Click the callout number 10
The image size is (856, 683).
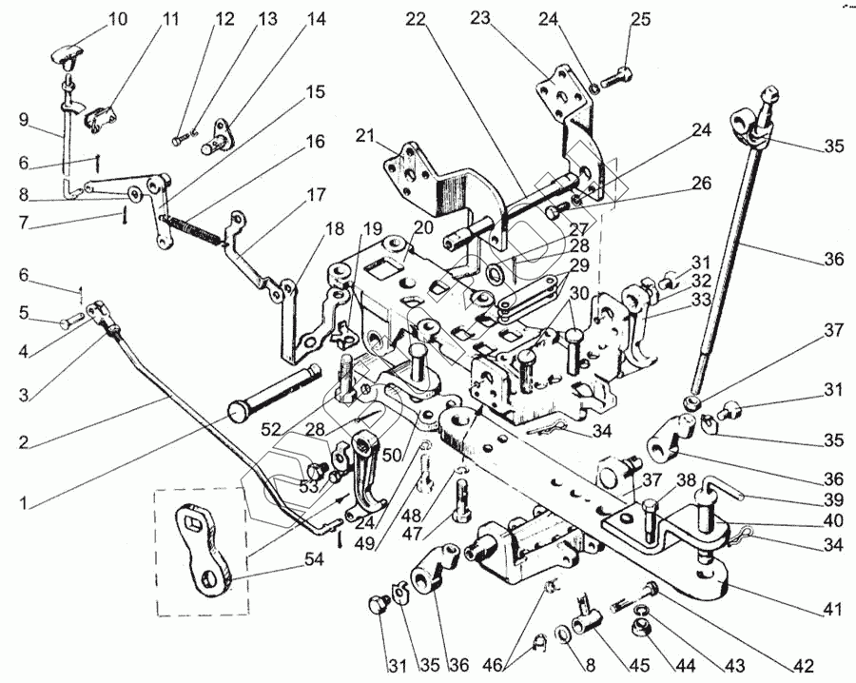(117, 18)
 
